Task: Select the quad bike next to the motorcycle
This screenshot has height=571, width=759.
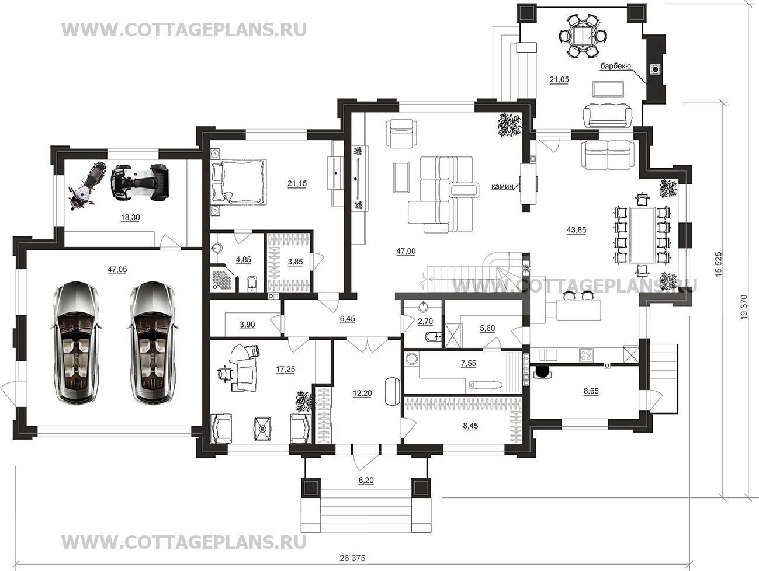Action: coord(140,182)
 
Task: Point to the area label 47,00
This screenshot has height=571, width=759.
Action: coord(406,252)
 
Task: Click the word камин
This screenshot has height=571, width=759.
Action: coord(502,187)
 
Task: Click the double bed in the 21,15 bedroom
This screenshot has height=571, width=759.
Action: coord(238,181)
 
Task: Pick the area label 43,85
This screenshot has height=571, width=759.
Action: coord(577,230)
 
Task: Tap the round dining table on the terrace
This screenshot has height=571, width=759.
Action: coord(583,36)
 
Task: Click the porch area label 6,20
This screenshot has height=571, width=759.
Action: coord(366,480)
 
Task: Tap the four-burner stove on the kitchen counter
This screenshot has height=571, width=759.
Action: coord(587,355)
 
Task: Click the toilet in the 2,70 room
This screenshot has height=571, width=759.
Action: coord(434,336)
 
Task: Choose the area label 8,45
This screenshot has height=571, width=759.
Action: coord(470,426)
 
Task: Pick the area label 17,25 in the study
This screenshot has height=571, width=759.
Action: coord(285,369)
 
